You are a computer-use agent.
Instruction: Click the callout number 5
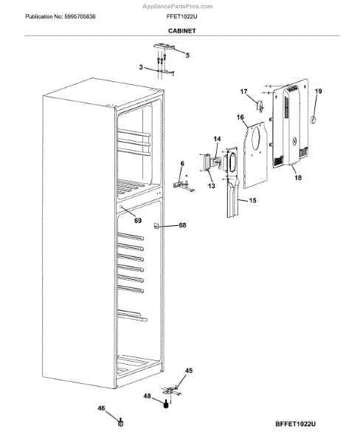tap(187, 55)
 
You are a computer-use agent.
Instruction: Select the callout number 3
tap(141, 67)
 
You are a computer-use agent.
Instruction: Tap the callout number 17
tap(244, 91)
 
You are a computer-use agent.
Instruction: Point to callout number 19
tap(319, 92)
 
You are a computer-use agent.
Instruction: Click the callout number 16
tap(240, 117)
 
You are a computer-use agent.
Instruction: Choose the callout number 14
tap(217, 139)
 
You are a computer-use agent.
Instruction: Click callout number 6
tap(182, 163)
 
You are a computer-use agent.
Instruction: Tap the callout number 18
tap(297, 178)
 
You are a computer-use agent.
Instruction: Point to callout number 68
tap(183, 225)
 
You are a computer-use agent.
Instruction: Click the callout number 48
tap(146, 396)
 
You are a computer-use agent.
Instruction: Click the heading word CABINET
tap(180, 31)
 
